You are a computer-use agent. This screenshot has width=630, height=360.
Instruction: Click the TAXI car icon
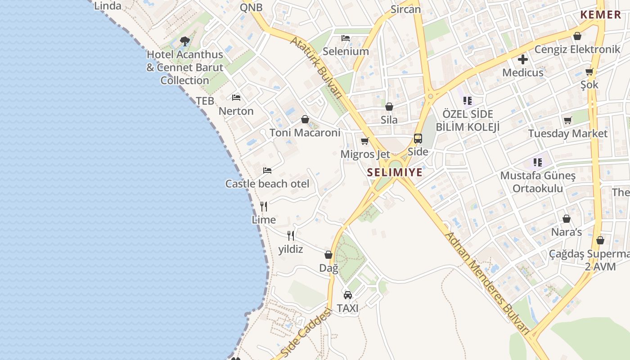click(348, 295)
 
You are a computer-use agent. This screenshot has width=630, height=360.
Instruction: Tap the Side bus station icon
click(418, 139)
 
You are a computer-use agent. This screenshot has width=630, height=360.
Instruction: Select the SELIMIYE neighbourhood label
click(395, 172)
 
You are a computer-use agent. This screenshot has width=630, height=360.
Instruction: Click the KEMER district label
click(601, 14)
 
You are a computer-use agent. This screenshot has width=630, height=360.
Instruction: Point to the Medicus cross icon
click(522, 59)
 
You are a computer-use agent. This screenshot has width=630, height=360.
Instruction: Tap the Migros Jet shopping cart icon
click(365, 141)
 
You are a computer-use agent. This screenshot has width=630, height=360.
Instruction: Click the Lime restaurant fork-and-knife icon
click(264, 207)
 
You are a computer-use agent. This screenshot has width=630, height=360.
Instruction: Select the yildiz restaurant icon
click(291, 236)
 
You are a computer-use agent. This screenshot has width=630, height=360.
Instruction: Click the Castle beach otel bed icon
click(267, 171)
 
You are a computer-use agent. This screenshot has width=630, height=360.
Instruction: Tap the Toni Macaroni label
click(305, 133)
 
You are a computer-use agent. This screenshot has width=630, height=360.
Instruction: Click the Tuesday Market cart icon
click(568, 121)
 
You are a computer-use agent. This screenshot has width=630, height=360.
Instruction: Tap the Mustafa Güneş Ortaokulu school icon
click(537, 162)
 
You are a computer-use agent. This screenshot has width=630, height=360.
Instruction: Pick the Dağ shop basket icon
click(328, 255)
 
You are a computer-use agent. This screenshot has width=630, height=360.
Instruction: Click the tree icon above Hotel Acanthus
click(184, 41)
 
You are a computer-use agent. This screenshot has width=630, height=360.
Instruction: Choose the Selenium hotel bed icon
click(346, 38)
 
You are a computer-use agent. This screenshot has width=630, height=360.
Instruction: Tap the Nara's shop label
click(567, 232)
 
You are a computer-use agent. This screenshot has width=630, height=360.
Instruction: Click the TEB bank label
click(205, 101)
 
